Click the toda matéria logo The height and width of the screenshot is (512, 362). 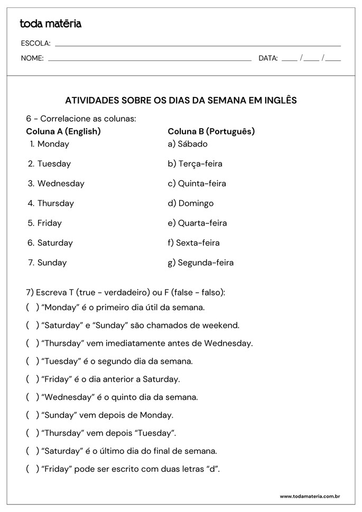coord(50,24)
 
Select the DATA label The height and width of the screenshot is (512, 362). coord(268,58)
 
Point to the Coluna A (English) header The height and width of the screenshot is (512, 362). coord(63,131)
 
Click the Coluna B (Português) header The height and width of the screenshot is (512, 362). coord(211,131)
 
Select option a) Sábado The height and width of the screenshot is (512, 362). coord(188,144)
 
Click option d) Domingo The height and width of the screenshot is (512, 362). coord(191,203)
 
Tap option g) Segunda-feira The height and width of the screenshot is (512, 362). coord(201,263)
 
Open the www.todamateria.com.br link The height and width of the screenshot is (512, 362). coord(309,497)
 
